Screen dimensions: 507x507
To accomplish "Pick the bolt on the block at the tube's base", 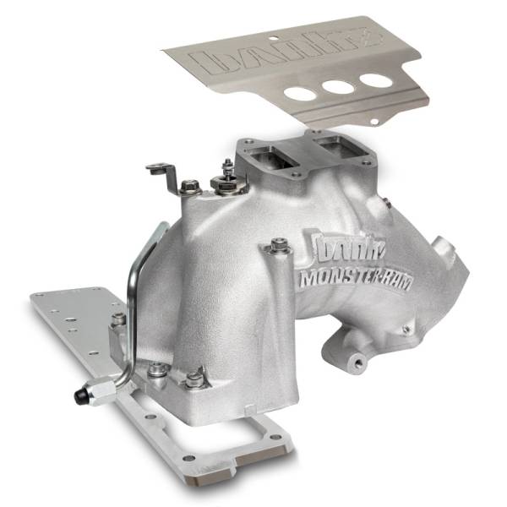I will (x=119, y=319).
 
